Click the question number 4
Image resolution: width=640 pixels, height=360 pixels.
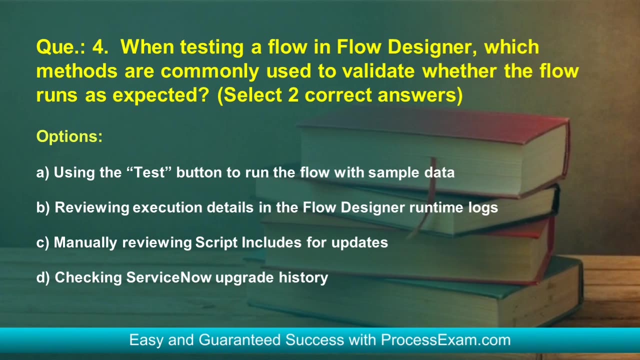click(100, 46)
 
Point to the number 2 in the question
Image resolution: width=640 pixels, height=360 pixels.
click(293, 95)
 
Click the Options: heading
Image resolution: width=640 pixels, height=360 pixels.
click(69, 136)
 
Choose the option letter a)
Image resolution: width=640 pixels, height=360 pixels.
click(42, 173)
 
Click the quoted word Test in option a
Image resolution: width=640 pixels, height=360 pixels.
click(148, 172)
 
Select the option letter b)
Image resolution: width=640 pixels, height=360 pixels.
click(43, 207)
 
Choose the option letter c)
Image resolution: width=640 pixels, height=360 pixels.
click(42, 243)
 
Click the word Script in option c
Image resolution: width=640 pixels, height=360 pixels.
click(216, 243)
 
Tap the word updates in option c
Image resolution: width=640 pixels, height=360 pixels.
click(359, 243)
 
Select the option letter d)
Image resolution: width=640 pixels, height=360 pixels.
click(43, 277)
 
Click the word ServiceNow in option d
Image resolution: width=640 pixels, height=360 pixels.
click(169, 277)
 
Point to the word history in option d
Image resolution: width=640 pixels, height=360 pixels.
click(303, 278)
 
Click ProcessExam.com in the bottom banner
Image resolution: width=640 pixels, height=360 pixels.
click(445, 340)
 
